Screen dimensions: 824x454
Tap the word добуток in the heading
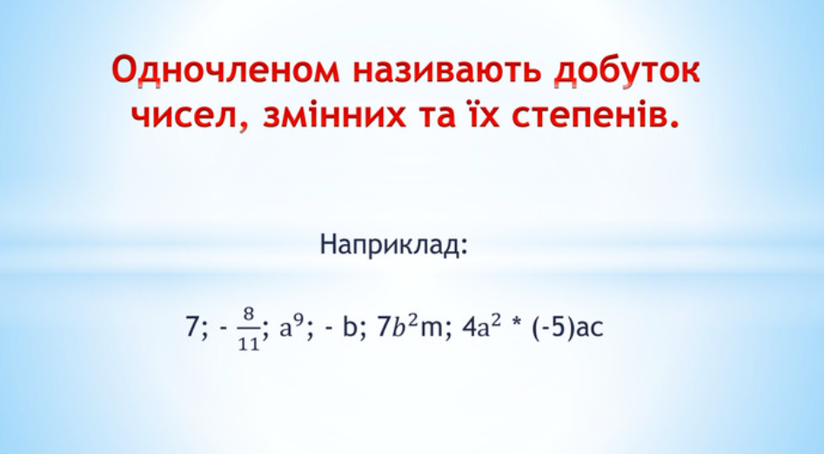click(x=626, y=71)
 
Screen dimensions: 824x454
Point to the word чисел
click(x=187, y=116)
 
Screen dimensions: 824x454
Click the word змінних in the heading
click(x=335, y=115)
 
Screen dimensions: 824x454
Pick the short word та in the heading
click(x=437, y=116)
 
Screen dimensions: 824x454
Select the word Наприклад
click(x=390, y=245)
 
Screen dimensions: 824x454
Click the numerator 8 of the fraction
click(x=249, y=314)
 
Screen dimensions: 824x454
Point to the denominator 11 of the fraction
click(x=249, y=343)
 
